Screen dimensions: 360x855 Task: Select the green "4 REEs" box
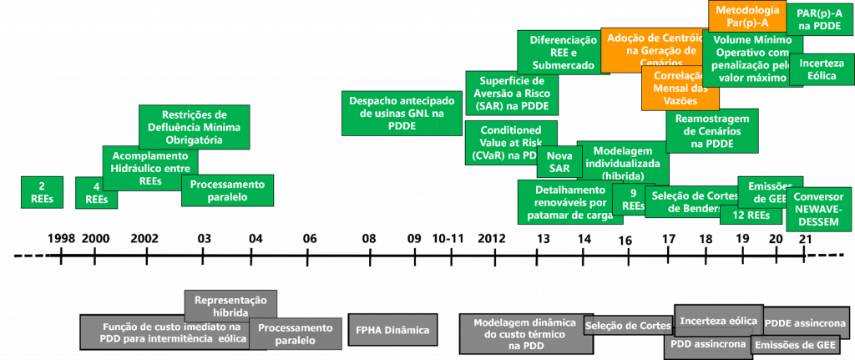(x=96, y=194)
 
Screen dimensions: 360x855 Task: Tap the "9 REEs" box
(x=633, y=200)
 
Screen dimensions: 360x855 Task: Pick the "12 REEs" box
(x=744, y=215)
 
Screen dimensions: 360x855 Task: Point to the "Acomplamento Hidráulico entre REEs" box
(x=150, y=166)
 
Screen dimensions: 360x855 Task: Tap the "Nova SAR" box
(x=559, y=161)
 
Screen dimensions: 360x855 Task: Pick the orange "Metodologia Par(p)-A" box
(x=746, y=16)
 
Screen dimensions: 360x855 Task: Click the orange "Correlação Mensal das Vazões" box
(x=680, y=89)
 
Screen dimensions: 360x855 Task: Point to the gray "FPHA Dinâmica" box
(x=392, y=331)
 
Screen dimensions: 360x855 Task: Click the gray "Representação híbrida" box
(x=230, y=305)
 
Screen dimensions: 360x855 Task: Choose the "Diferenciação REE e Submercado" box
(x=557, y=52)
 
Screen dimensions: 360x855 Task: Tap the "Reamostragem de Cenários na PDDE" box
(x=711, y=130)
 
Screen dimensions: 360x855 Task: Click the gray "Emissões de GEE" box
(x=794, y=345)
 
